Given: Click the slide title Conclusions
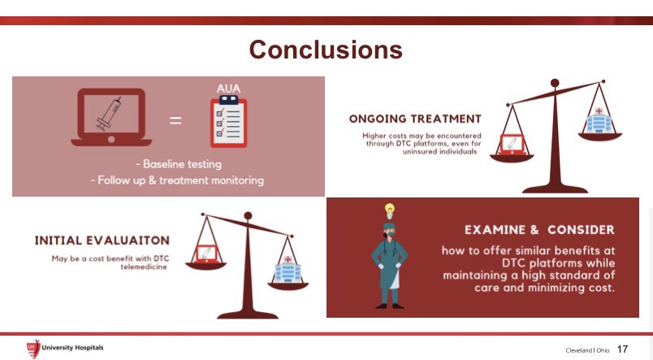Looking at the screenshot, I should pos(326,50).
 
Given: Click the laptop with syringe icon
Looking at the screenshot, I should pos(111,120).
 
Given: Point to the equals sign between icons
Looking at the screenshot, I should pos(175,122).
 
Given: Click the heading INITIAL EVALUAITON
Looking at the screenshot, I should pos(102,241).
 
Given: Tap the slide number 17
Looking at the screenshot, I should pos(622,349).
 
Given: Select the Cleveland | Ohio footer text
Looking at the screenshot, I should pos(586,350).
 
